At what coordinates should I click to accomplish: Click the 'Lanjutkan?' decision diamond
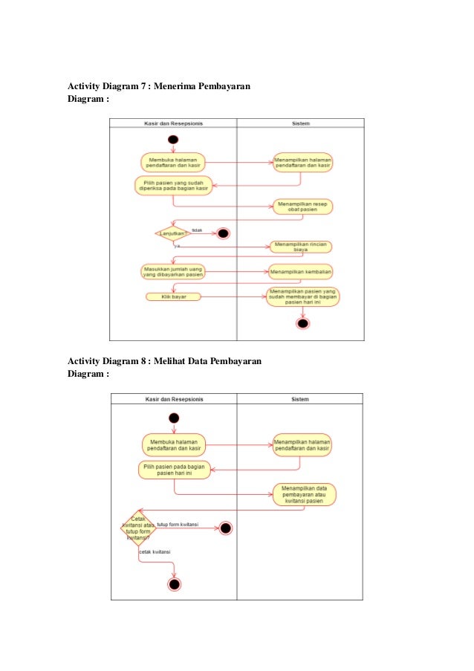point(172,233)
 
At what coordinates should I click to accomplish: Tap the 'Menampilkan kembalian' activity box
point(301,270)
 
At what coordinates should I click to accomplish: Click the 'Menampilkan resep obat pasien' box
point(302,206)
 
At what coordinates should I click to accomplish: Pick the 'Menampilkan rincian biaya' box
point(301,247)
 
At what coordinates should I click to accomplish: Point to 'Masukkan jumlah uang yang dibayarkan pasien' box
point(173,270)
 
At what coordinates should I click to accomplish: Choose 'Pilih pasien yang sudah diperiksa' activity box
point(174,185)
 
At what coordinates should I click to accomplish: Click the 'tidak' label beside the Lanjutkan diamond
point(197,230)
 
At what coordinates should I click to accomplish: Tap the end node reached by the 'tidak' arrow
point(223,233)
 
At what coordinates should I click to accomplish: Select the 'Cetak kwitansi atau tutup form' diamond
point(138,528)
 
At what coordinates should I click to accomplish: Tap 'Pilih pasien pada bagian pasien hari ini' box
point(174,470)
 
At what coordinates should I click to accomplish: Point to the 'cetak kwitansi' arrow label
point(155,552)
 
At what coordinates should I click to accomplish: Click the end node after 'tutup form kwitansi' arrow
point(226,528)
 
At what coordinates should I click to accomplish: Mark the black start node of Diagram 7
point(173,139)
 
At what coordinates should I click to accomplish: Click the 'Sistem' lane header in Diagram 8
point(300,399)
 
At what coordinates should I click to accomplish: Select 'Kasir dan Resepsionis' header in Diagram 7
point(173,123)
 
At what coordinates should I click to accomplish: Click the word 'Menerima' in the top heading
point(184,86)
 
